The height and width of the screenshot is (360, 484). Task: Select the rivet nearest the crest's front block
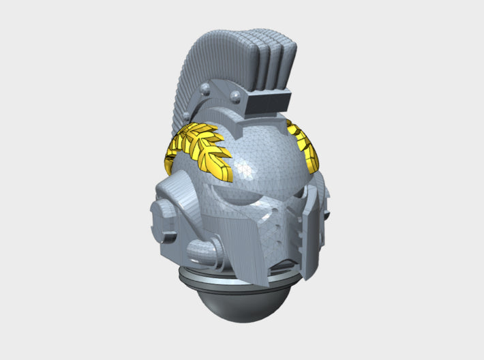pyautogui.click(x=235, y=94)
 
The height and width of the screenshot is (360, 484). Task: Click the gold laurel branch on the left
pyautogui.click(x=204, y=151)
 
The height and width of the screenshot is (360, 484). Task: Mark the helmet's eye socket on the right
pyautogui.click(x=293, y=190)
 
